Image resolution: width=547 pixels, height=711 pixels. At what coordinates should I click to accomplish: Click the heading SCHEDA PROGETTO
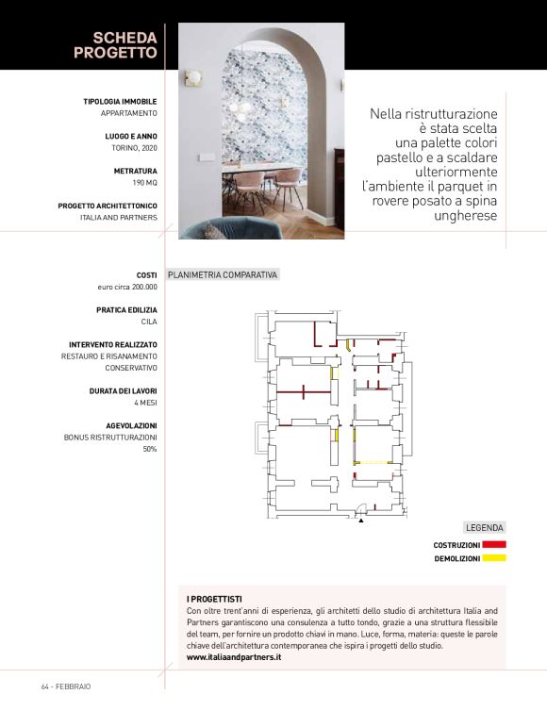(x=115, y=44)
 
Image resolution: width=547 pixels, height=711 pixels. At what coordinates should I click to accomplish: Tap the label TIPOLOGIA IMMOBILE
(x=120, y=101)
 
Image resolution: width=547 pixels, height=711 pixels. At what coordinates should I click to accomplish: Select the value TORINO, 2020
(x=131, y=148)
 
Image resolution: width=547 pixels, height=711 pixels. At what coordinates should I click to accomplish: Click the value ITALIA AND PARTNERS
(x=119, y=217)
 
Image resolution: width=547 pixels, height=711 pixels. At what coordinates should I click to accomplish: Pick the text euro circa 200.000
(x=127, y=287)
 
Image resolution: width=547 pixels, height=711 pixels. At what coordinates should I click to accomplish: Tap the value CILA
(x=148, y=322)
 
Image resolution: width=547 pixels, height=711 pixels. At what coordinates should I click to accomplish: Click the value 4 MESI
(x=145, y=403)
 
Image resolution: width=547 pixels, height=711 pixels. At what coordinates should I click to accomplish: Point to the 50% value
(x=149, y=449)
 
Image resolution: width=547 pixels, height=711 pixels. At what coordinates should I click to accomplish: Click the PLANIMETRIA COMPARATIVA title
(x=223, y=275)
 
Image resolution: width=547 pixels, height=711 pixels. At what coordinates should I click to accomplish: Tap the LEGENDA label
(x=485, y=528)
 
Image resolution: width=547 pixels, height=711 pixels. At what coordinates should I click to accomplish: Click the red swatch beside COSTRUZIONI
(x=494, y=545)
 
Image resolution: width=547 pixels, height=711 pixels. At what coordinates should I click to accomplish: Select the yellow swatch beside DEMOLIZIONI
(x=494, y=558)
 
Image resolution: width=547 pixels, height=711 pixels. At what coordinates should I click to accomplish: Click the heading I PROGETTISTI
(x=214, y=600)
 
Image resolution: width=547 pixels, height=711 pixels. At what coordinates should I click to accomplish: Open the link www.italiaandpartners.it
(x=234, y=657)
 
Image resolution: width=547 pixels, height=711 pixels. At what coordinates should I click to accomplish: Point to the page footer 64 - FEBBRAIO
(x=66, y=686)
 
